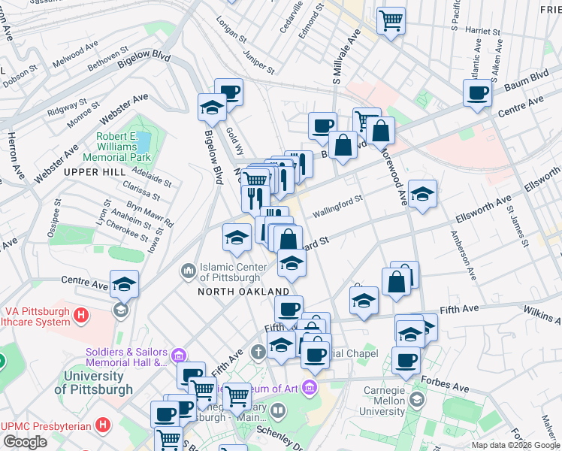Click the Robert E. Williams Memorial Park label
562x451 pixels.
[123, 147]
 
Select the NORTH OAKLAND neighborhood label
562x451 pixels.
[243, 291]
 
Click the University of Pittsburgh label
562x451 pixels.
[94, 383]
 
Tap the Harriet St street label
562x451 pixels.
[482, 32]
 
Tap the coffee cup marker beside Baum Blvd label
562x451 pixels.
[477, 94]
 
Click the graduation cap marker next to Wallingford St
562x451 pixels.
[422, 195]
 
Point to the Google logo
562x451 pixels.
[26, 441]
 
